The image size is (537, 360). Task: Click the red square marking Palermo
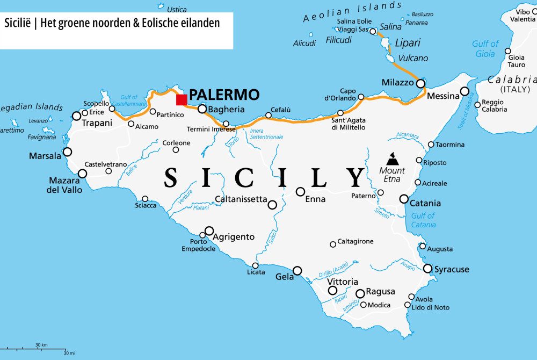pyautogui.click(x=182, y=100)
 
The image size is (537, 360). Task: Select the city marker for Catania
pyautogui.click(x=404, y=199)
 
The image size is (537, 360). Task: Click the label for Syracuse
pyautogui.click(x=452, y=269)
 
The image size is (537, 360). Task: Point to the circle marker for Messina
pyautogui.click(x=465, y=91)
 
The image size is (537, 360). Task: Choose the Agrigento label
pyautogui.click(x=234, y=236)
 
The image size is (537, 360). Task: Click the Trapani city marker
pyautogui.click(x=77, y=116)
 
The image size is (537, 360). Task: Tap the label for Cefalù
pyautogui.click(x=281, y=110)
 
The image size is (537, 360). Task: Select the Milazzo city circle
pyautogui.click(x=420, y=83)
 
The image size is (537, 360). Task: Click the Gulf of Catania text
pyautogui.click(x=423, y=220)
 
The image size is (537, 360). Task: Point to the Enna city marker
pyautogui.click(x=301, y=192)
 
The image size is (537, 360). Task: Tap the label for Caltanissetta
pyautogui.click(x=241, y=199)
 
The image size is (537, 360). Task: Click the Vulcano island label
pyautogui.click(x=413, y=58)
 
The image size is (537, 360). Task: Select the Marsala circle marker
pyautogui.click(x=68, y=152)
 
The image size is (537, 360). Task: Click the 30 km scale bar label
pyautogui.click(x=41, y=344)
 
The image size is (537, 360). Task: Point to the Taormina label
pyautogui.click(x=450, y=145)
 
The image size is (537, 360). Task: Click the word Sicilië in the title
pyautogui.click(x=19, y=24)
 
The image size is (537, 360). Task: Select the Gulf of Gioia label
pyautogui.click(x=485, y=48)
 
